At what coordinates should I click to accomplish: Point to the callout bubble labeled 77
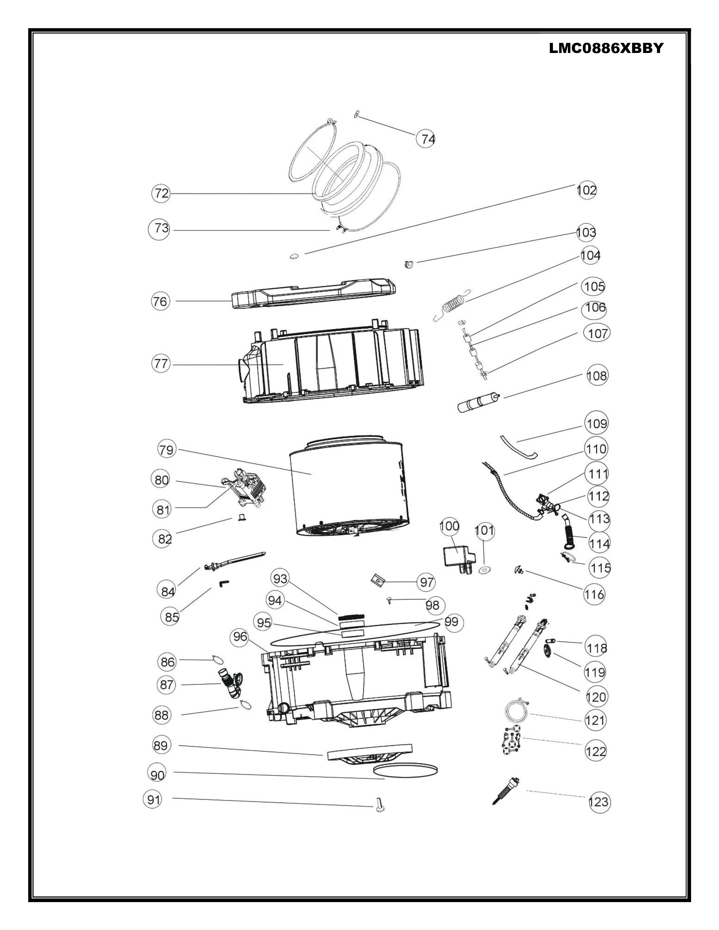click(x=161, y=364)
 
